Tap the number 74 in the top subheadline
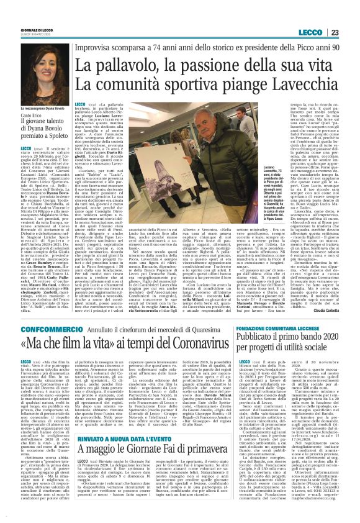(156, 48)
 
